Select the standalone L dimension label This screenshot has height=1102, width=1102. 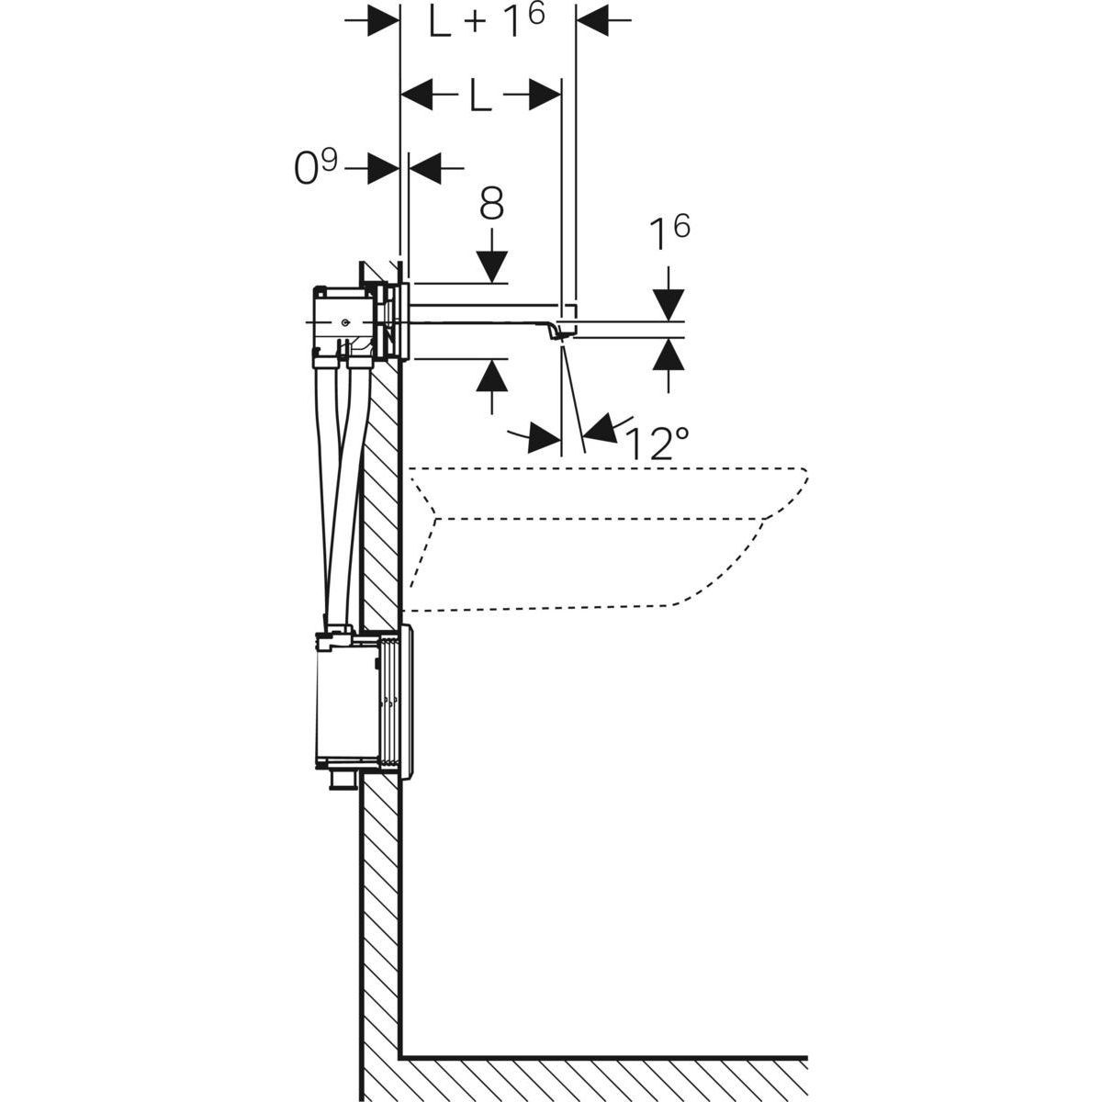(479, 95)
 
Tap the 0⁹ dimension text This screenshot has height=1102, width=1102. (315, 168)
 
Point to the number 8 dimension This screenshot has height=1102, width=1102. (491, 204)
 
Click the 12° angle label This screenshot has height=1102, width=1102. (657, 443)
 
